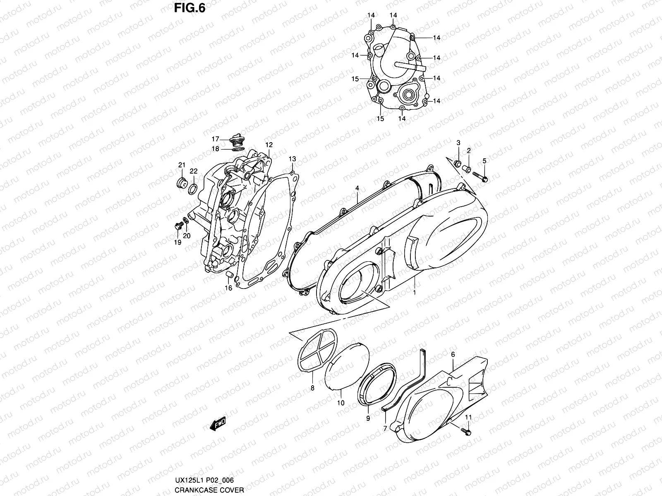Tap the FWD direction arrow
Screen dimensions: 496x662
tap(217, 424)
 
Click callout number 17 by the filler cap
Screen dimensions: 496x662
tap(216, 139)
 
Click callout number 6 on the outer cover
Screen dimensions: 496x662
tap(453, 355)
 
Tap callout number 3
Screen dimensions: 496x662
tap(458, 143)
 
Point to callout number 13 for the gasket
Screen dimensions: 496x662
tap(292, 159)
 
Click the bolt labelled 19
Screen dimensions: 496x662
tap(179, 226)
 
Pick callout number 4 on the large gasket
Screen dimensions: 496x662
tap(357, 188)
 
